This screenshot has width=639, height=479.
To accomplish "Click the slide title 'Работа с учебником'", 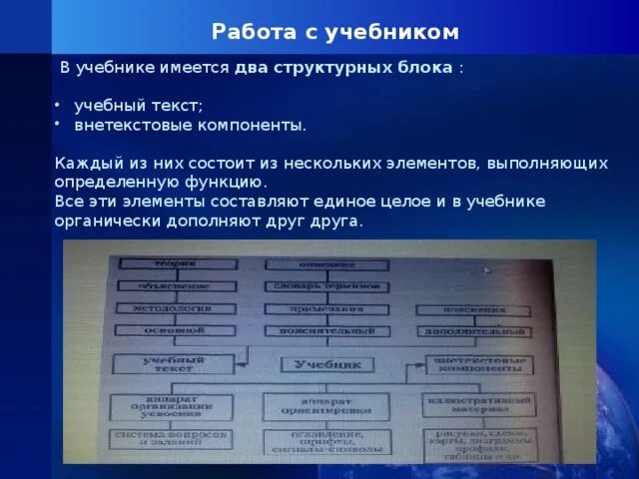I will [x=335, y=32].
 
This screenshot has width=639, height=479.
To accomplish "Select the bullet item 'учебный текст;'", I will [x=139, y=107].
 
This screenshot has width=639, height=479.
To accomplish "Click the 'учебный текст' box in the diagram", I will [x=159, y=363].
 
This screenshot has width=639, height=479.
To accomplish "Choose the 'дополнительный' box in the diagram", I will [x=473, y=330].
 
